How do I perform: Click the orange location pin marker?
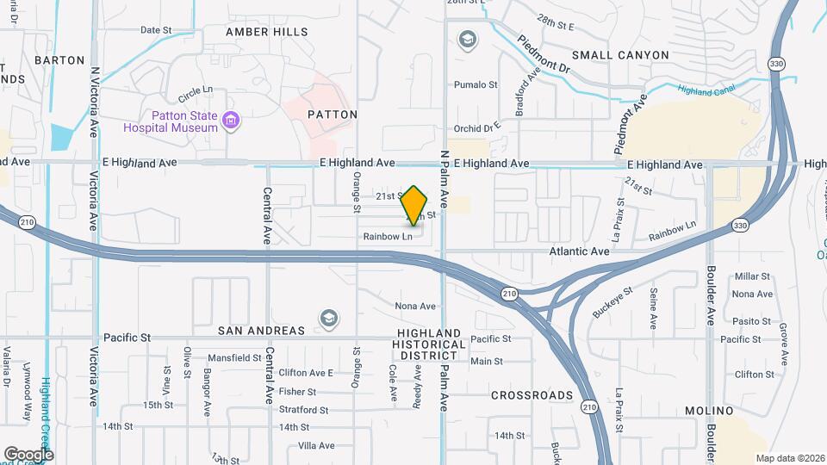415,206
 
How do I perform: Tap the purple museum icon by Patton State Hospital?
229,121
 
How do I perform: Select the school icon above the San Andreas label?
327,319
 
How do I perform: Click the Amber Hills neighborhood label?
266,32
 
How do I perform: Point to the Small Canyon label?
619,55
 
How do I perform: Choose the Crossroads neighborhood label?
532,395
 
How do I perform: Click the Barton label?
59,60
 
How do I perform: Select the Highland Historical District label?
430,344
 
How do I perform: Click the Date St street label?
156,29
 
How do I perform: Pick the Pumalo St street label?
476,84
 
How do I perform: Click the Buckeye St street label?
612,302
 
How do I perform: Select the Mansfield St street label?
234,357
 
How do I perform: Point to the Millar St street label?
752,276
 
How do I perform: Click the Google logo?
28,454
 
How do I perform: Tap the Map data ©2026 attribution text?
789,458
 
